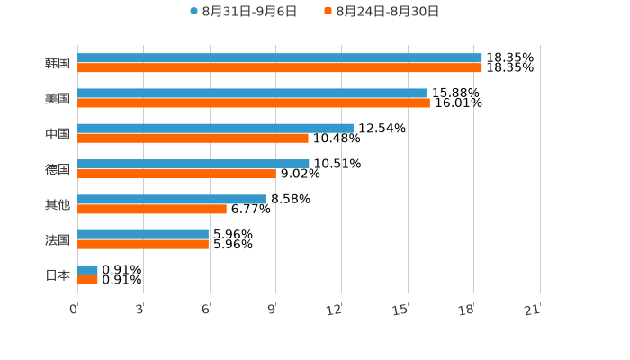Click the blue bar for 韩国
tap(279, 58)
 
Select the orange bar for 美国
tap(254, 103)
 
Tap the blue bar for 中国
tap(215, 129)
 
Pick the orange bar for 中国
tap(193, 139)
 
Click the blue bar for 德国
tap(193, 164)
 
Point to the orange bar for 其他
tap(152, 209)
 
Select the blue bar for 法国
tap(143, 234)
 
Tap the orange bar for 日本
tap(87, 280)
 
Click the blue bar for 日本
tap(87, 270)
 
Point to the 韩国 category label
tap(58, 63)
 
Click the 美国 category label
tap(58, 98)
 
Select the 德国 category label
tap(58, 169)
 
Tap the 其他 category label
tap(58, 204)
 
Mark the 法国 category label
tap(58, 239)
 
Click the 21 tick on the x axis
tap(532, 310)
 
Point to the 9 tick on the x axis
tap(272, 310)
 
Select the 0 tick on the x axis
tap(74, 310)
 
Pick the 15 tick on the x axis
tap(400, 310)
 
